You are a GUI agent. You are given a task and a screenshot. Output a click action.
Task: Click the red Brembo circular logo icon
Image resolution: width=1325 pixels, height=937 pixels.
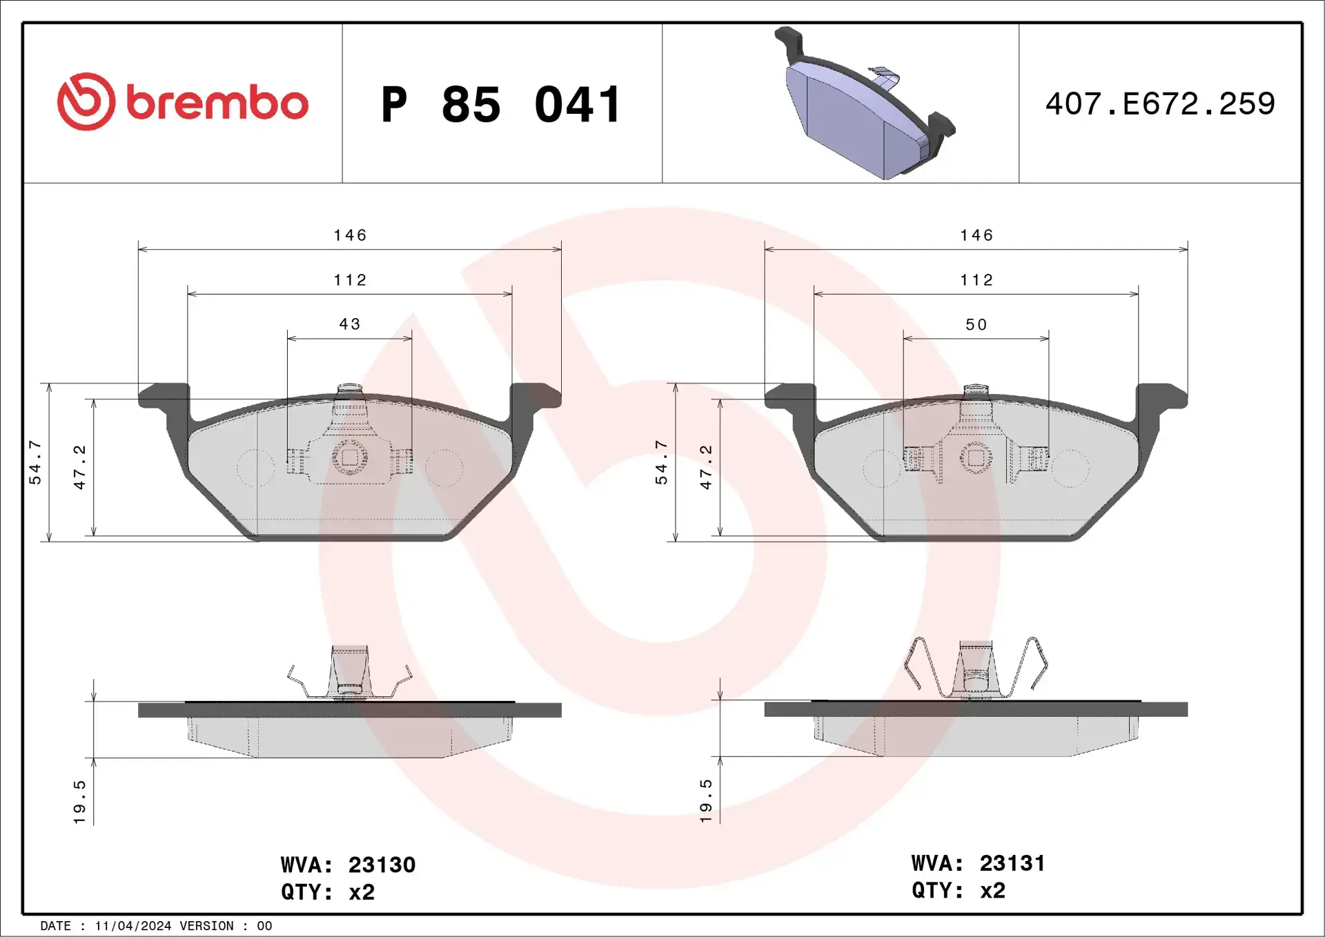point(86,101)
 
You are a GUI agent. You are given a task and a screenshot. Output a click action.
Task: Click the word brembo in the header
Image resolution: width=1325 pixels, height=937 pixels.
point(217,103)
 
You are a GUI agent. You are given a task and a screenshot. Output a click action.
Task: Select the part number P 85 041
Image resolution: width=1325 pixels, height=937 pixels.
point(502,105)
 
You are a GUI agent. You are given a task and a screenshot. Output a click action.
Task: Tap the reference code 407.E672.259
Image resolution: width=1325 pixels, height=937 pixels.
point(1160,104)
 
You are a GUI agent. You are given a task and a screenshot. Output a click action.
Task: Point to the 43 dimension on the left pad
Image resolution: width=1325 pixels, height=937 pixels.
point(350,324)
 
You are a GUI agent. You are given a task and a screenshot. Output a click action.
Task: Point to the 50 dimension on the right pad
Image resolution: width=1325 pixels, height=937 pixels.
point(976,324)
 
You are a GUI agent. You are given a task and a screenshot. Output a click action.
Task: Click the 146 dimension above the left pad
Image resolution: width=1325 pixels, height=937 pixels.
point(350,235)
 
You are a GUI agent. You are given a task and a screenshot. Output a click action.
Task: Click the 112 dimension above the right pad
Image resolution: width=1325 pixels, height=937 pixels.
point(976,280)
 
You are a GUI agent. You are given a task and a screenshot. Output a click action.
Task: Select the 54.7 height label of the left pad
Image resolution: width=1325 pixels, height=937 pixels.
point(35,462)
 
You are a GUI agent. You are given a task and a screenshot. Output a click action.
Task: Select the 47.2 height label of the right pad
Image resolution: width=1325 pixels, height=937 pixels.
point(706,467)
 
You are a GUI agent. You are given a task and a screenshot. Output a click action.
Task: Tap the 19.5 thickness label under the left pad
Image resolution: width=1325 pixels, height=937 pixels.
point(79,802)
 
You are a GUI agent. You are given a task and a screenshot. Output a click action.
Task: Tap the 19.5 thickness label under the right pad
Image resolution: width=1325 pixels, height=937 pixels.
point(705,800)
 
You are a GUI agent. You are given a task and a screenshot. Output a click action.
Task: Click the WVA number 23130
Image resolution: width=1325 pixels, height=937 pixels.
point(382,865)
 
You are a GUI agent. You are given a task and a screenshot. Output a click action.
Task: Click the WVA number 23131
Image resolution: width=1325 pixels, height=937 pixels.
point(1012,863)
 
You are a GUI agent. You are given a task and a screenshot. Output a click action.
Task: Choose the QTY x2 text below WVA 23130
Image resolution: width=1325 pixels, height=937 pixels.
point(328,892)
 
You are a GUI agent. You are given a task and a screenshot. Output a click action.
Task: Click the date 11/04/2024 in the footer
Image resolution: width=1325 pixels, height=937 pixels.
point(132,926)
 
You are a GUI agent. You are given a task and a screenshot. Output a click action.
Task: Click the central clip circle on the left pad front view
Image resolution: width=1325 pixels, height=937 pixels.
point(350,457)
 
